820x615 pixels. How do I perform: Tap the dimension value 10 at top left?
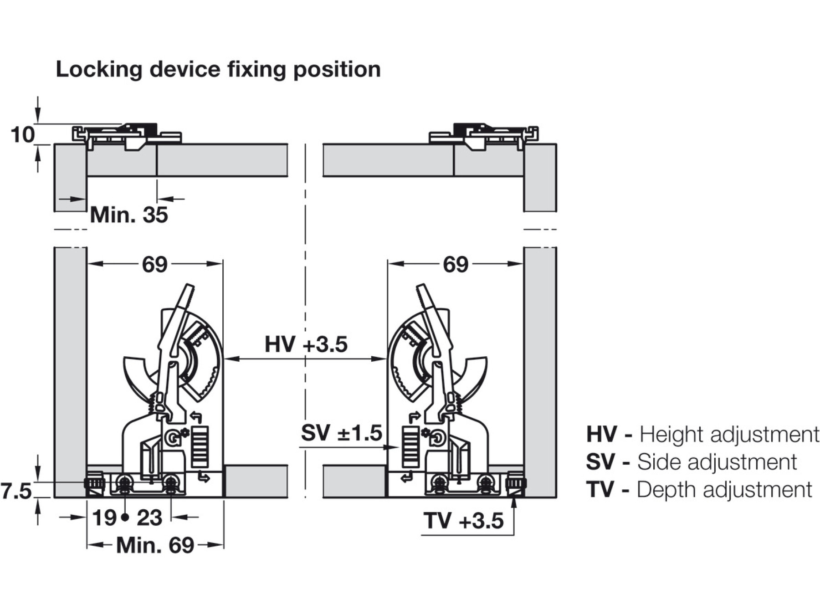[x=22, y=135]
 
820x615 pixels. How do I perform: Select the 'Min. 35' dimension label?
[x=129, y=215]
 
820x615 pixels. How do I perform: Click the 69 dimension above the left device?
[x=154, y=264]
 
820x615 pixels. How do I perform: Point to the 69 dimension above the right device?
[x=455, y=264]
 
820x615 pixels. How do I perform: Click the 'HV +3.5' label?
[x=306, y=344]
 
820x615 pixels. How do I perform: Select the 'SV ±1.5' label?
[x=341, y=433]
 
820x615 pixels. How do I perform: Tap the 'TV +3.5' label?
[x=463, y=521]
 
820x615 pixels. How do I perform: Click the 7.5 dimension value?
[x=16, y=492]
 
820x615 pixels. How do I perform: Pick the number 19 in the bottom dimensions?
[x=104, y=518]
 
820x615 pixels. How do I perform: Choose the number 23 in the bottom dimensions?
[x=149, y=518]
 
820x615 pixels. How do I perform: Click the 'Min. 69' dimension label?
[x=155, y=545]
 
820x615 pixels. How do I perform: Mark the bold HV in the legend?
[x=601, y=434]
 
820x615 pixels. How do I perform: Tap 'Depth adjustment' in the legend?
[x=724, y=490]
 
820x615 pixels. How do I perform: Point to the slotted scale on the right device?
[x=410, y=446]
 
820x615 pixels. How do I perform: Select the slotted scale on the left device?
[x=200, y=446]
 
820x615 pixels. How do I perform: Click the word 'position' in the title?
[x=337, y=70]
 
